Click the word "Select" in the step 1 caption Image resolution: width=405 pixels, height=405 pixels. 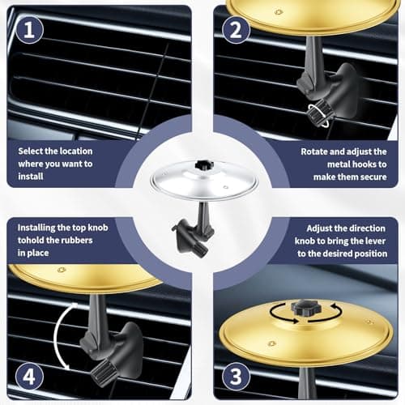pos(33,151)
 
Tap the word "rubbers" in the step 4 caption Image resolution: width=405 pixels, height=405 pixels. pos(83,241)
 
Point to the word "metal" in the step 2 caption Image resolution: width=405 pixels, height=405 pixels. pos(317,164)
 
